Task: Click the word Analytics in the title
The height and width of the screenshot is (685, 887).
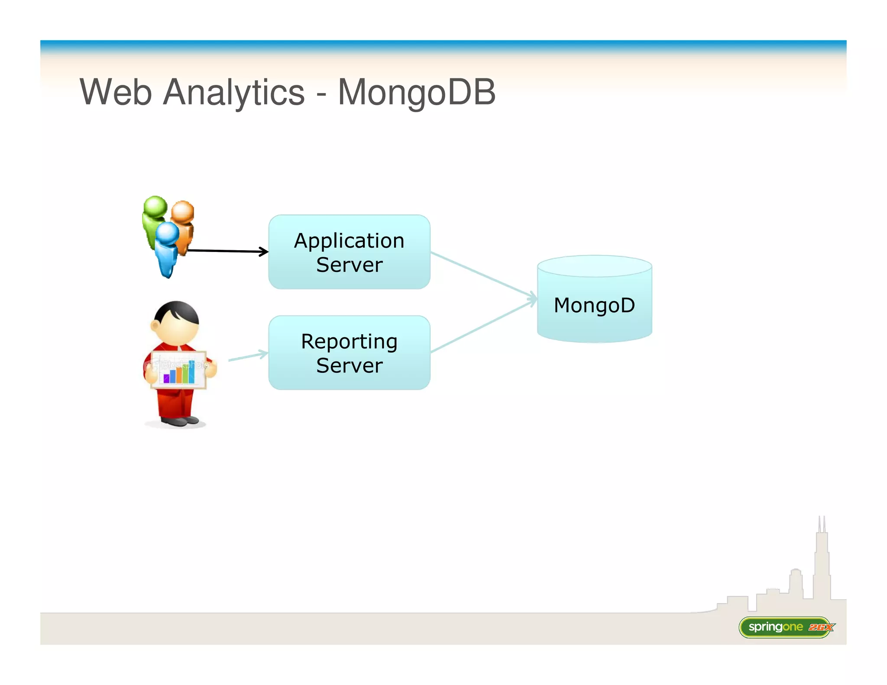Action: tap(233, 92)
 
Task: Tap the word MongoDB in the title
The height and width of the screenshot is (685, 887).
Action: tap(416, 92)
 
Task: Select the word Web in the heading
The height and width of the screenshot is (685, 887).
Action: tap(116, 92)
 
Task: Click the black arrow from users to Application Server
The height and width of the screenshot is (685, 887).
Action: tap(227, 251)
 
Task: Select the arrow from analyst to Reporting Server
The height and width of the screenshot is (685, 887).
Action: tap(248, 356)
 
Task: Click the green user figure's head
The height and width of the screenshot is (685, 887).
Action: tap(155, 206)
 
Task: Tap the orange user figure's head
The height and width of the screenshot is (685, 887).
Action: tap(182, 211)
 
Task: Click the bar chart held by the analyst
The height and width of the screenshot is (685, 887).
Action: tap(179, 371)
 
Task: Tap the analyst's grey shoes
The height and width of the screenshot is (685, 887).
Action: tap(180, 420)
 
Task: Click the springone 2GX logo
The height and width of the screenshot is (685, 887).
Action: tap(786, 627)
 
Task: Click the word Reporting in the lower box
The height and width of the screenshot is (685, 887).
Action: tap(349, 342)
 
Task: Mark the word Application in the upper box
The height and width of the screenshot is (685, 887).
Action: tap(349, 241)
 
